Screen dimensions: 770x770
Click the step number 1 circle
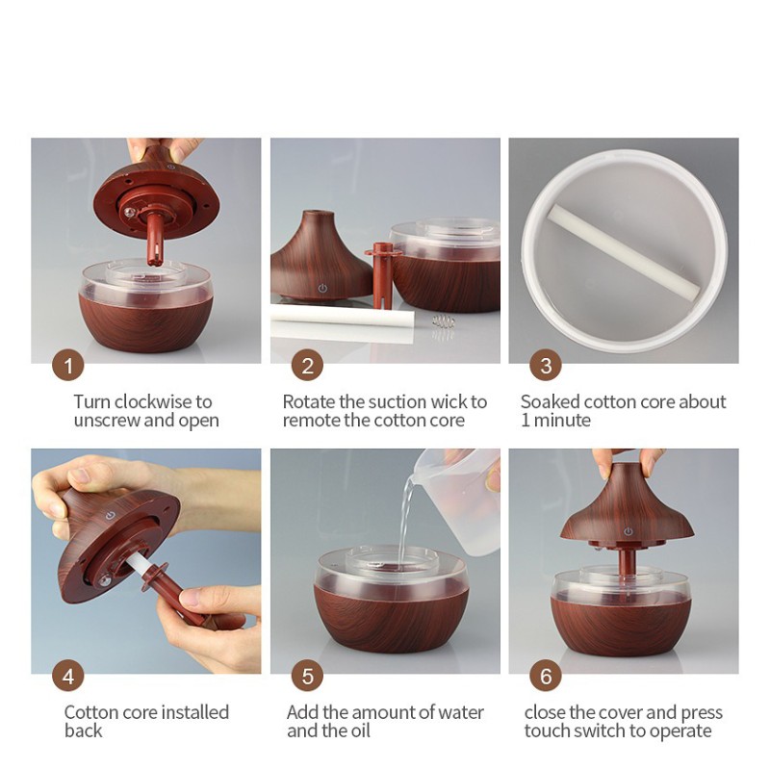point(68,366)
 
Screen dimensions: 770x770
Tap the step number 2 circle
point(307,366)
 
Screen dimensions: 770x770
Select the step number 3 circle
point(546,366)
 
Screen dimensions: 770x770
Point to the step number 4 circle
point(68,676)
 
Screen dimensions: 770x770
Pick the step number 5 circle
point(307,676)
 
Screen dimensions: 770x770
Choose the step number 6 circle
point(546,676)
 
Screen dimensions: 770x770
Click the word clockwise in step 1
point(153,401)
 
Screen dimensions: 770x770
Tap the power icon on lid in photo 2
point(322,288)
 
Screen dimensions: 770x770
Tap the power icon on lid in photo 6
point(628,531)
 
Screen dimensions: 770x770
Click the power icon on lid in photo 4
point(110,516)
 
